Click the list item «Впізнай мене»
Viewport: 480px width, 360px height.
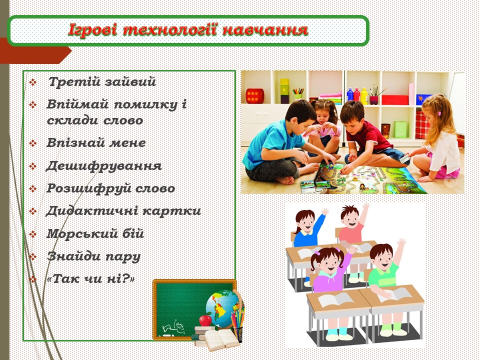pos(95,143)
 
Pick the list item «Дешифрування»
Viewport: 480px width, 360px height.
pos(103,165)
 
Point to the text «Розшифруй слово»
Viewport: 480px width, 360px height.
pos(110,188)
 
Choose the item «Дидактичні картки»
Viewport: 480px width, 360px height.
pos(123,211)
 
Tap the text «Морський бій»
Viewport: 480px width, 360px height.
pos(95,233)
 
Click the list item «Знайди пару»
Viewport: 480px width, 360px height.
pos(93,256)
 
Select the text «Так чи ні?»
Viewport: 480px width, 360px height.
pos(90,279)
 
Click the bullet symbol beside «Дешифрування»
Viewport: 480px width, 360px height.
pos(33,166)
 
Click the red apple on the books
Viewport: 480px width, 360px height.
pos(205,319)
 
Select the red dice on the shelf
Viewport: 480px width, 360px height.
pos(255,95)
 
